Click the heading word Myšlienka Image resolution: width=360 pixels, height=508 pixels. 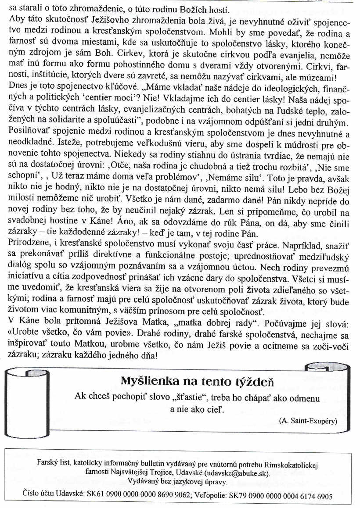coord(148,381)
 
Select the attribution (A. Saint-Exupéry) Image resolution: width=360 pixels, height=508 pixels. coord(307,420)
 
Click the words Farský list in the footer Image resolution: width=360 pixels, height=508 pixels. coord(51,465)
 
